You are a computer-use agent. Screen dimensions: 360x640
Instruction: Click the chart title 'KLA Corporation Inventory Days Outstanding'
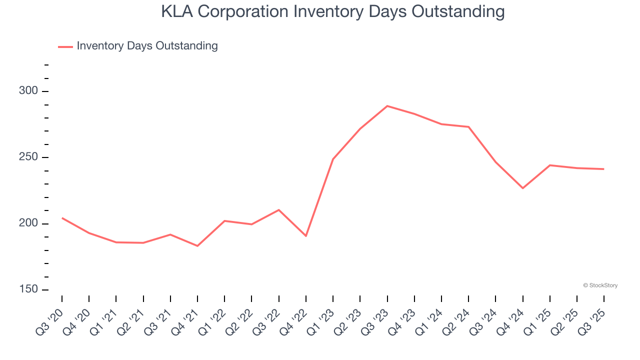(x=332, y=11)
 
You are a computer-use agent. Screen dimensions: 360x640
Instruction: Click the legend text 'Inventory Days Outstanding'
(x=147, y=46)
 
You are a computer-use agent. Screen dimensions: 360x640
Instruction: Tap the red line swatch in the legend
(x=65, y=46)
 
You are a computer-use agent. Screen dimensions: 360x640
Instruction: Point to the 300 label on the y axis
(x=28, y=91)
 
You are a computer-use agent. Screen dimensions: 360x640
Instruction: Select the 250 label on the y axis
(x=28, y=157)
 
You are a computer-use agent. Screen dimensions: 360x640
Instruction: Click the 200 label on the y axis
(x=28, y=223)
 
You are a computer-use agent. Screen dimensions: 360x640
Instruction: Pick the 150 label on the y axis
(x=28, y=290)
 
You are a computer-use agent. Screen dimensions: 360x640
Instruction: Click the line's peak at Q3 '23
(x=387, y=106)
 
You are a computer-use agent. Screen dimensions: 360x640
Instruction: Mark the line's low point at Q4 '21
(x=197, y=246)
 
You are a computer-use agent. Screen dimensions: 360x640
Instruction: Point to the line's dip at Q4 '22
(x=305, y=235)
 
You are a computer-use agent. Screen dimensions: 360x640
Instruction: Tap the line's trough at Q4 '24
(x=522, y=188)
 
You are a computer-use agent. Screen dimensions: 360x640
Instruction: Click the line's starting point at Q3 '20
(x=62, y=218)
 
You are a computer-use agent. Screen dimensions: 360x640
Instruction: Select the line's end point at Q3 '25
(x=603, y=169)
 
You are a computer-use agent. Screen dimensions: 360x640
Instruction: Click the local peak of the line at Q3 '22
(x=278, y=210)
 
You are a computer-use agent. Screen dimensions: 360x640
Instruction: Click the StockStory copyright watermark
(x=600, y=285)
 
